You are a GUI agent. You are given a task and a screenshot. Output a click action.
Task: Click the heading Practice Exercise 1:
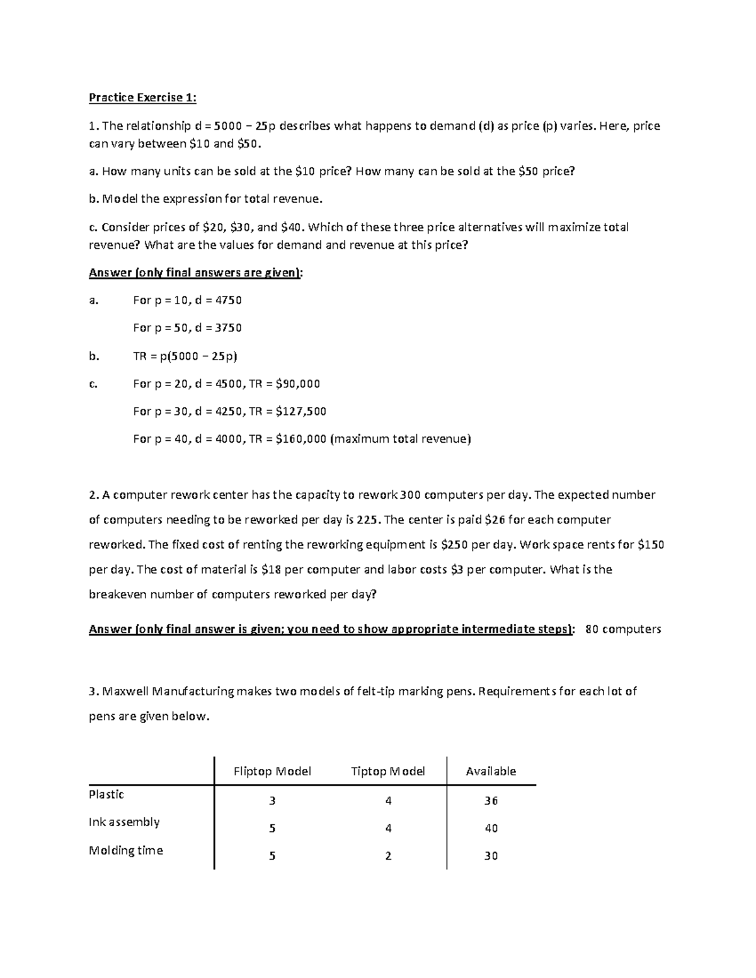coord(142,98)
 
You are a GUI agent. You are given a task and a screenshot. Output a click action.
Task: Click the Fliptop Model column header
coord(272,771)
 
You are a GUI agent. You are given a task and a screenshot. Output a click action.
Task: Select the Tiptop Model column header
coord(387,771)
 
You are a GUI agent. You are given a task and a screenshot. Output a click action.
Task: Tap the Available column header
coord(491,771)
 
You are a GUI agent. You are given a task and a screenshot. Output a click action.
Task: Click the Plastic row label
coord(106,795)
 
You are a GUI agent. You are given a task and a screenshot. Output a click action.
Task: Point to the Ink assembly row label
coord(124,822)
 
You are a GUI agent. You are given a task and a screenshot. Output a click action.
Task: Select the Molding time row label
coord(126,850)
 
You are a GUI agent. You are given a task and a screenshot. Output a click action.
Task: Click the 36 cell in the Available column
coord(491,801)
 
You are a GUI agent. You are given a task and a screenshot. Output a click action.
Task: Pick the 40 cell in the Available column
coord(491,828)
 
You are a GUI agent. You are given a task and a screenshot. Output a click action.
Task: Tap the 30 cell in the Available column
coord(491,856)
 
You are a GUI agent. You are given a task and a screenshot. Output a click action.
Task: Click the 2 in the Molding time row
coord(388,856)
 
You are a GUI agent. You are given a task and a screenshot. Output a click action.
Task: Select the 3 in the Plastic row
coord(272,801)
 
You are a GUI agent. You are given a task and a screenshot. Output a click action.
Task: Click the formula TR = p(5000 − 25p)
coord(185,356)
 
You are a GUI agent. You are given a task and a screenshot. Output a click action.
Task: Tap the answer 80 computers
coord(623,629)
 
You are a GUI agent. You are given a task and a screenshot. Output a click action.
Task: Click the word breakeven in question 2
coord(118,594)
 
